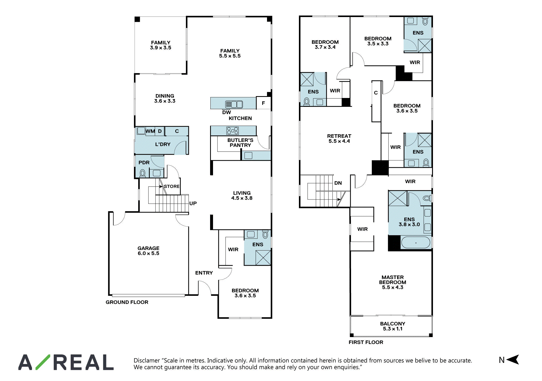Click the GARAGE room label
148,251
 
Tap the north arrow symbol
512,359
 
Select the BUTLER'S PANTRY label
240,142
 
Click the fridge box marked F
263,103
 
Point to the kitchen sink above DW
234,104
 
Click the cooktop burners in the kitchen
232,131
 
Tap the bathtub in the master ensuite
416,243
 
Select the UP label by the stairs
193,203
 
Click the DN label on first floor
338,183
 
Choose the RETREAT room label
339,138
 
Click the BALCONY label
393,326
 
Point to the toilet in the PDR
143,173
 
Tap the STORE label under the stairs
172,186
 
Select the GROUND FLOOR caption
127,302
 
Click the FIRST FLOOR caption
366,342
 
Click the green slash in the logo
43,362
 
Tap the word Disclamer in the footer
147,360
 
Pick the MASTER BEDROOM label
393,282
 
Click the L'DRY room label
163,144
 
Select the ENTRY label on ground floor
204,273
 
